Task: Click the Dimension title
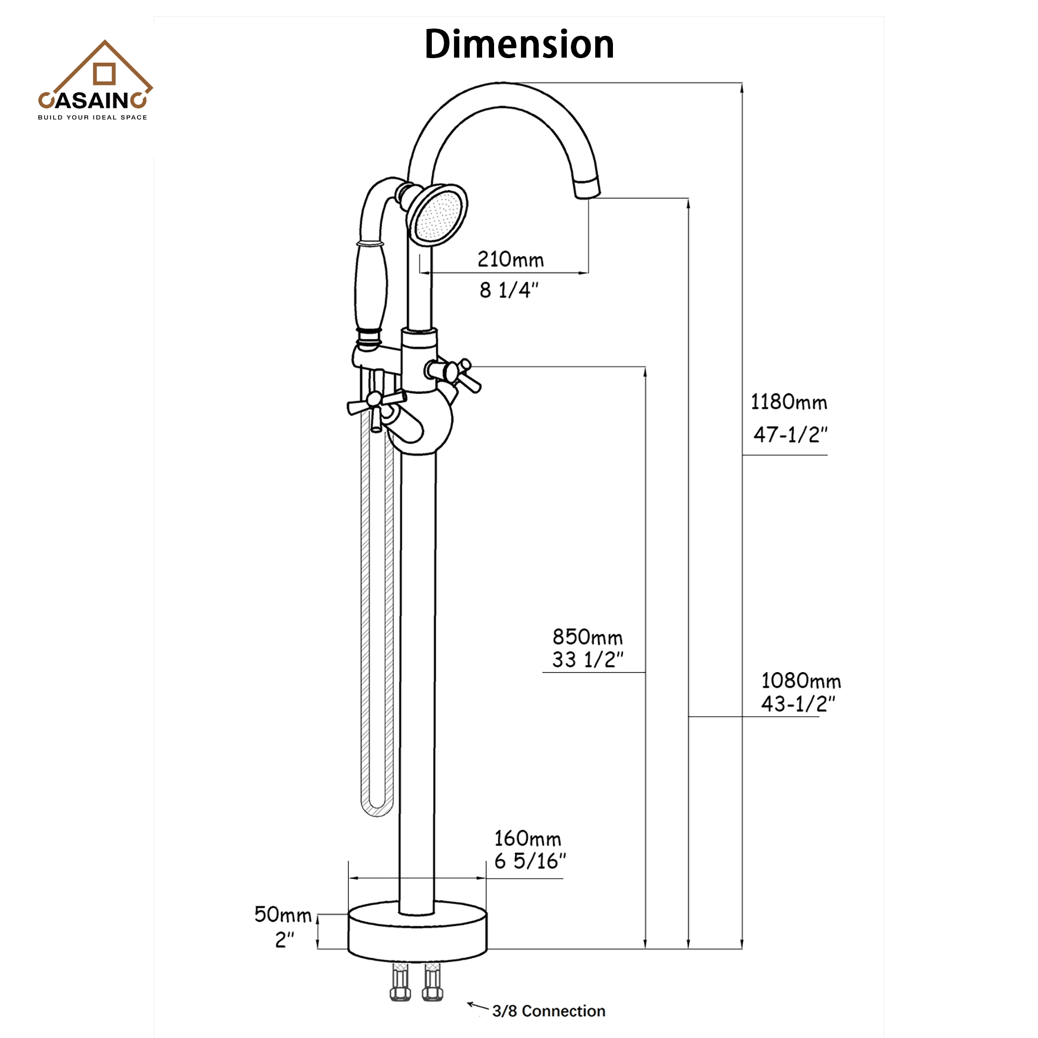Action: click(518, 45)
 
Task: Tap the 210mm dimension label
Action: click(510, 260)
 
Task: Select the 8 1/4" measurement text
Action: click(508, 291)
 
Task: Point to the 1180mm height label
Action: click(788, 402)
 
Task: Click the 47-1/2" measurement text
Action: click(790, 434)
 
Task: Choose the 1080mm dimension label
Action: click(800, 681)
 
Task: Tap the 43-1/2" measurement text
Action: click(798, 704)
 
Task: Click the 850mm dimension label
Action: click(587, 638)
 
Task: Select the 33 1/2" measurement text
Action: click(587, 660)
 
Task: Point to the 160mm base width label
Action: click(528, 839)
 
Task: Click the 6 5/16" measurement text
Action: click(530, 862)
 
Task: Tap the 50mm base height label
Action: click(283, 915)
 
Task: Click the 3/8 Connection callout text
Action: click(549, 1011)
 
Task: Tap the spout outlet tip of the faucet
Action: click(586, 189)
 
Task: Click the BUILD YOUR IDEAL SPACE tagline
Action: click(92, 117)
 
